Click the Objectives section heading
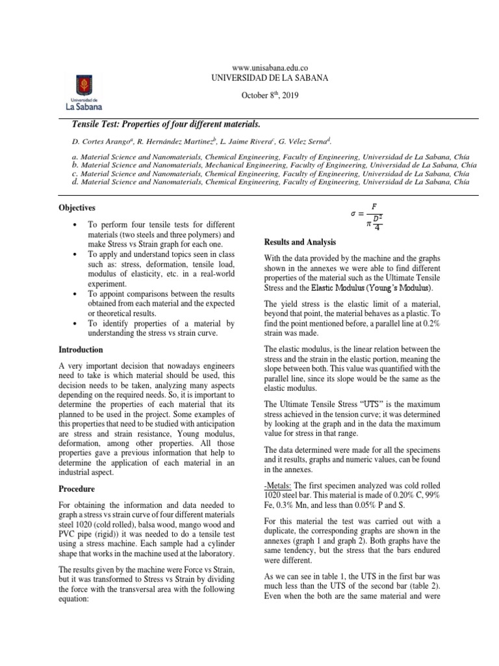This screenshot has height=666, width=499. (x=77, y=207)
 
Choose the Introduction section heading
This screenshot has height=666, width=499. (x=81, y=349)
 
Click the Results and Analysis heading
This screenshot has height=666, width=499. (x=300, y=241)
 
